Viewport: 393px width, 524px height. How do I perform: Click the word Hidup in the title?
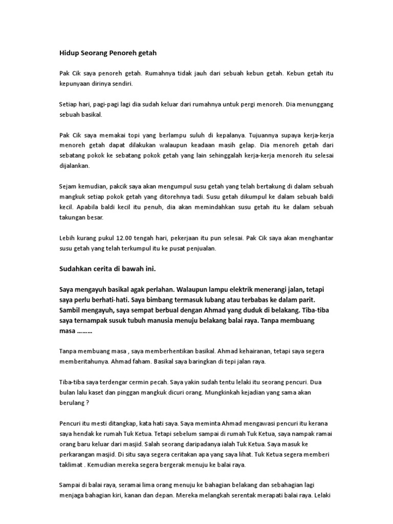tap(69, 53)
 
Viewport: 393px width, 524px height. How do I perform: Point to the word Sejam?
tap(69, 186)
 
